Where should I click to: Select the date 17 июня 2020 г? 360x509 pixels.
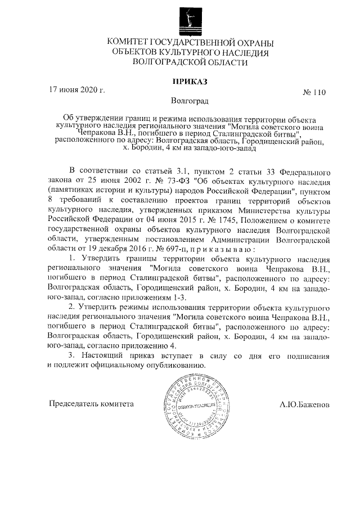[x=77, y=89]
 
